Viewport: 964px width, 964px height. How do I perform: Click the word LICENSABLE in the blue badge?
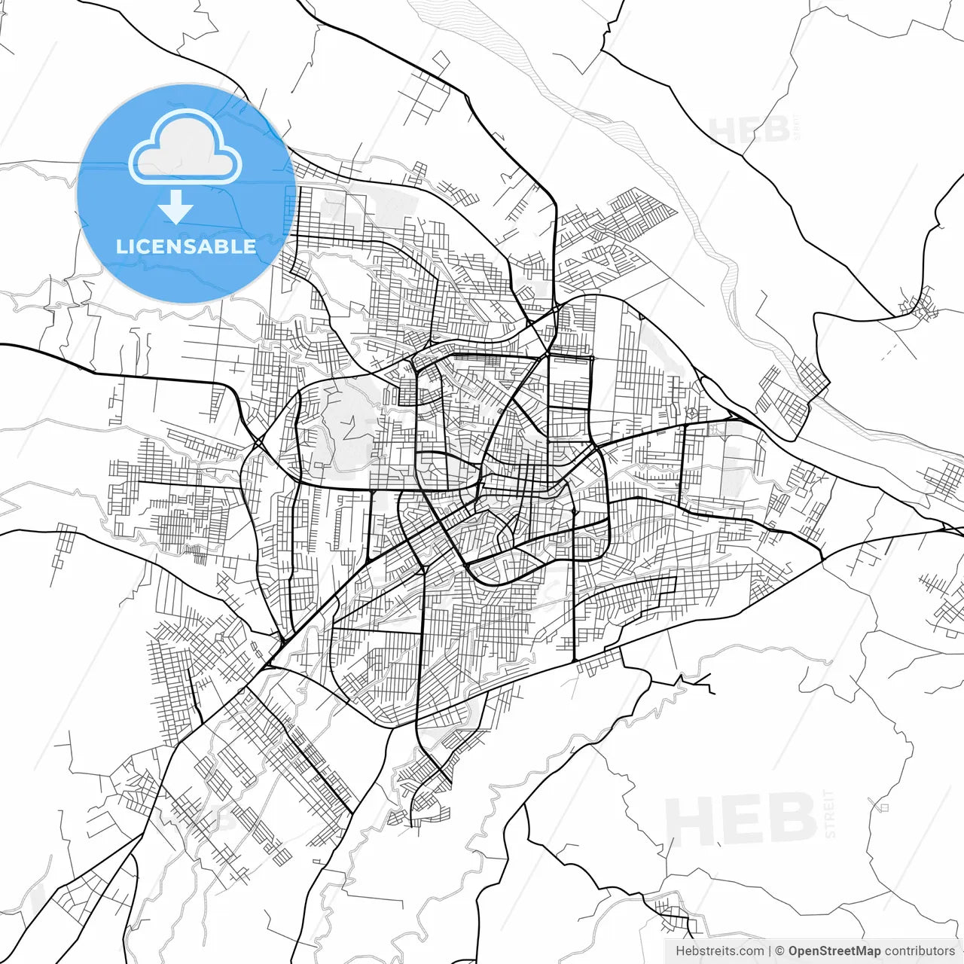click(x=185, y=246)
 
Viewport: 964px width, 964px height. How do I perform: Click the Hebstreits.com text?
click(x=719, y=951)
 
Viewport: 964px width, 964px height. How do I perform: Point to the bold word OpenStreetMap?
click(x=834, y=951)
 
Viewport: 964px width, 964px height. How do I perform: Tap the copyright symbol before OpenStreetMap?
click(x=780, y=951)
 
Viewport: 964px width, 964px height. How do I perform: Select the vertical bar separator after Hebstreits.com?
click(x=770, y=951)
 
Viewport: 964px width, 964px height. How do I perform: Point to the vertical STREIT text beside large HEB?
click(x=830, y=814)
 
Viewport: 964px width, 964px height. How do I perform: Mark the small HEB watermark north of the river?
click(x=749, y=130)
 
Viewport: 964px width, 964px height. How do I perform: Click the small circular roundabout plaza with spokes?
click(x=691, y=413)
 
